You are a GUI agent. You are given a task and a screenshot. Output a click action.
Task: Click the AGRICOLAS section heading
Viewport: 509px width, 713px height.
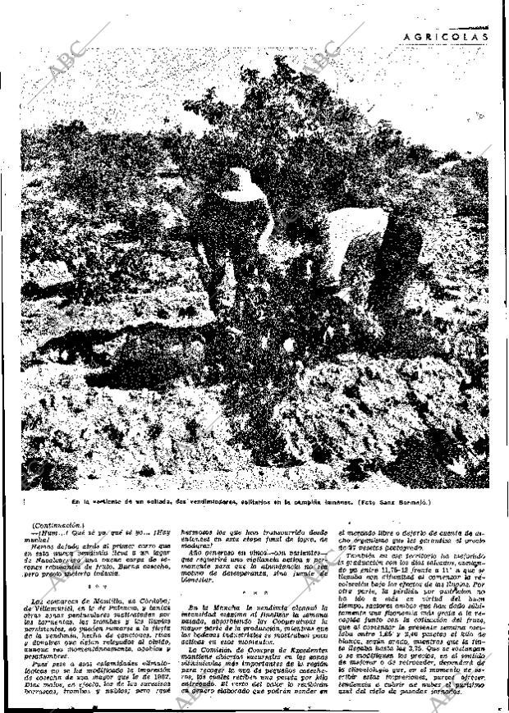[448, 36]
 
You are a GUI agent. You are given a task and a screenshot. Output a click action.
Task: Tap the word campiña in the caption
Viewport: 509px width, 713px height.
[318, 500]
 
